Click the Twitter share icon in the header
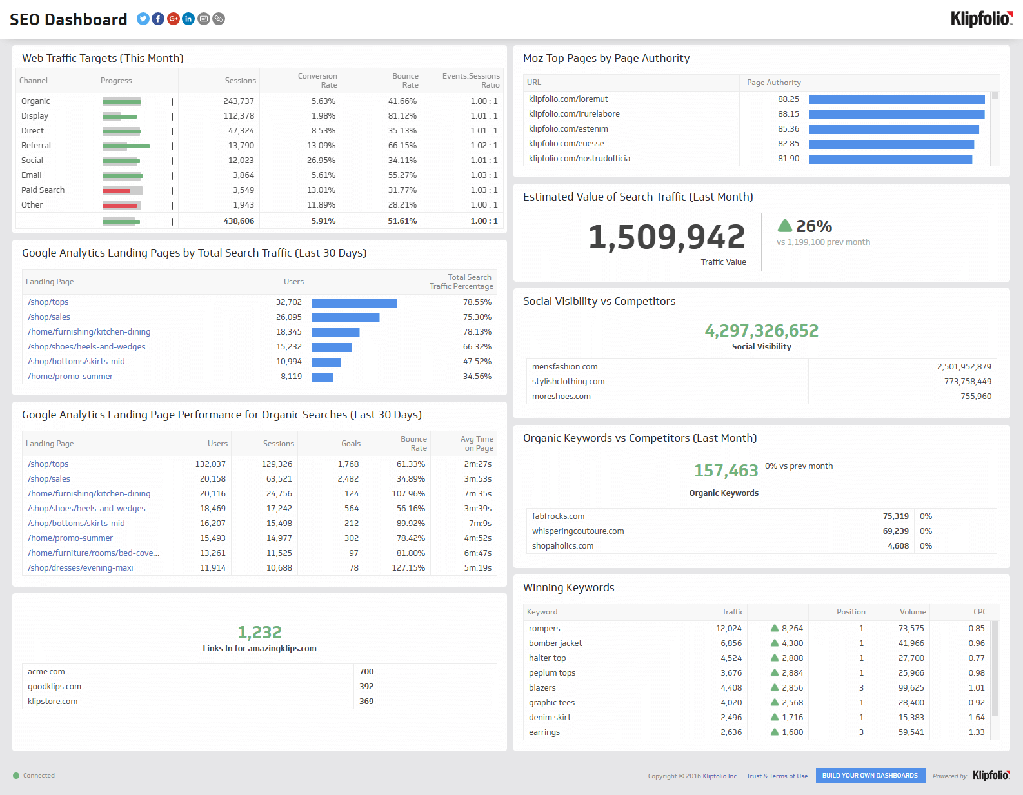point(143,19)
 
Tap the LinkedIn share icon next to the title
point(188,19)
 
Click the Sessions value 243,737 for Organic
point(239,101)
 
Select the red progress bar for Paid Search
point(117,191)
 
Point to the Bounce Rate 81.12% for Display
point(402,116)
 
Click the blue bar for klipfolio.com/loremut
point(897,100)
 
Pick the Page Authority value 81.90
point(788,159)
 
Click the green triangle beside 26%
point(785,226)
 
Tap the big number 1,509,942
point(666,237)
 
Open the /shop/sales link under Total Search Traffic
point(49,317)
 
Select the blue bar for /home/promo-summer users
point(323,377)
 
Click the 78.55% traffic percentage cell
point(477,302)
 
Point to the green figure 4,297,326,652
point(761,331)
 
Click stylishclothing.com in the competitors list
point(568,382)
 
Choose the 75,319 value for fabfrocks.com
point(895,516)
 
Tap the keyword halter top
point(547,658)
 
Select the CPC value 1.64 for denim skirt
point(976,718)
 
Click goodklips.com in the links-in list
point(55,687)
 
